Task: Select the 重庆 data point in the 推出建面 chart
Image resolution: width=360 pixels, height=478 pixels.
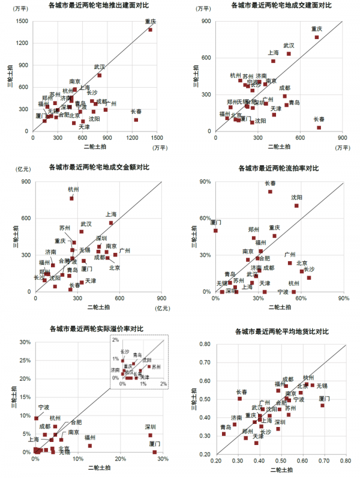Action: point(150,29)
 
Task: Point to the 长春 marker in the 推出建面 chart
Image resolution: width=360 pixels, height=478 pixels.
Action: point(136,119)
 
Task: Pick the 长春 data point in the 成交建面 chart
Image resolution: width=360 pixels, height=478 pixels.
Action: point(319,127)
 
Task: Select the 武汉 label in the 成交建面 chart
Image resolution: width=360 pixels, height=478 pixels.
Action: point(289,45)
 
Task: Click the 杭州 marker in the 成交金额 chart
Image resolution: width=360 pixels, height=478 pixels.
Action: point(72,198)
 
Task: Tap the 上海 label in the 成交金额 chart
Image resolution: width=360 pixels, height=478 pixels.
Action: point(111,214)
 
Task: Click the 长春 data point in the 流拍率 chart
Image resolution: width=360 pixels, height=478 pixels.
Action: point(271,192)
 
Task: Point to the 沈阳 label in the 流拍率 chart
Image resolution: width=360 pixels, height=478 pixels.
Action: point(297,197)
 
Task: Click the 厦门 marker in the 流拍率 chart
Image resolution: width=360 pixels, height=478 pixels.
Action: point(215,230)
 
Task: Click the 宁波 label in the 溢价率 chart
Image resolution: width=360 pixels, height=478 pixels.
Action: point(43,407)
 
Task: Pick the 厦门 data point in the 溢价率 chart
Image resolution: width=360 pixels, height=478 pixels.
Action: point(154,452)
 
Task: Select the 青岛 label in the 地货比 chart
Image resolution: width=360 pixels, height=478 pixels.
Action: point(226,427)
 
